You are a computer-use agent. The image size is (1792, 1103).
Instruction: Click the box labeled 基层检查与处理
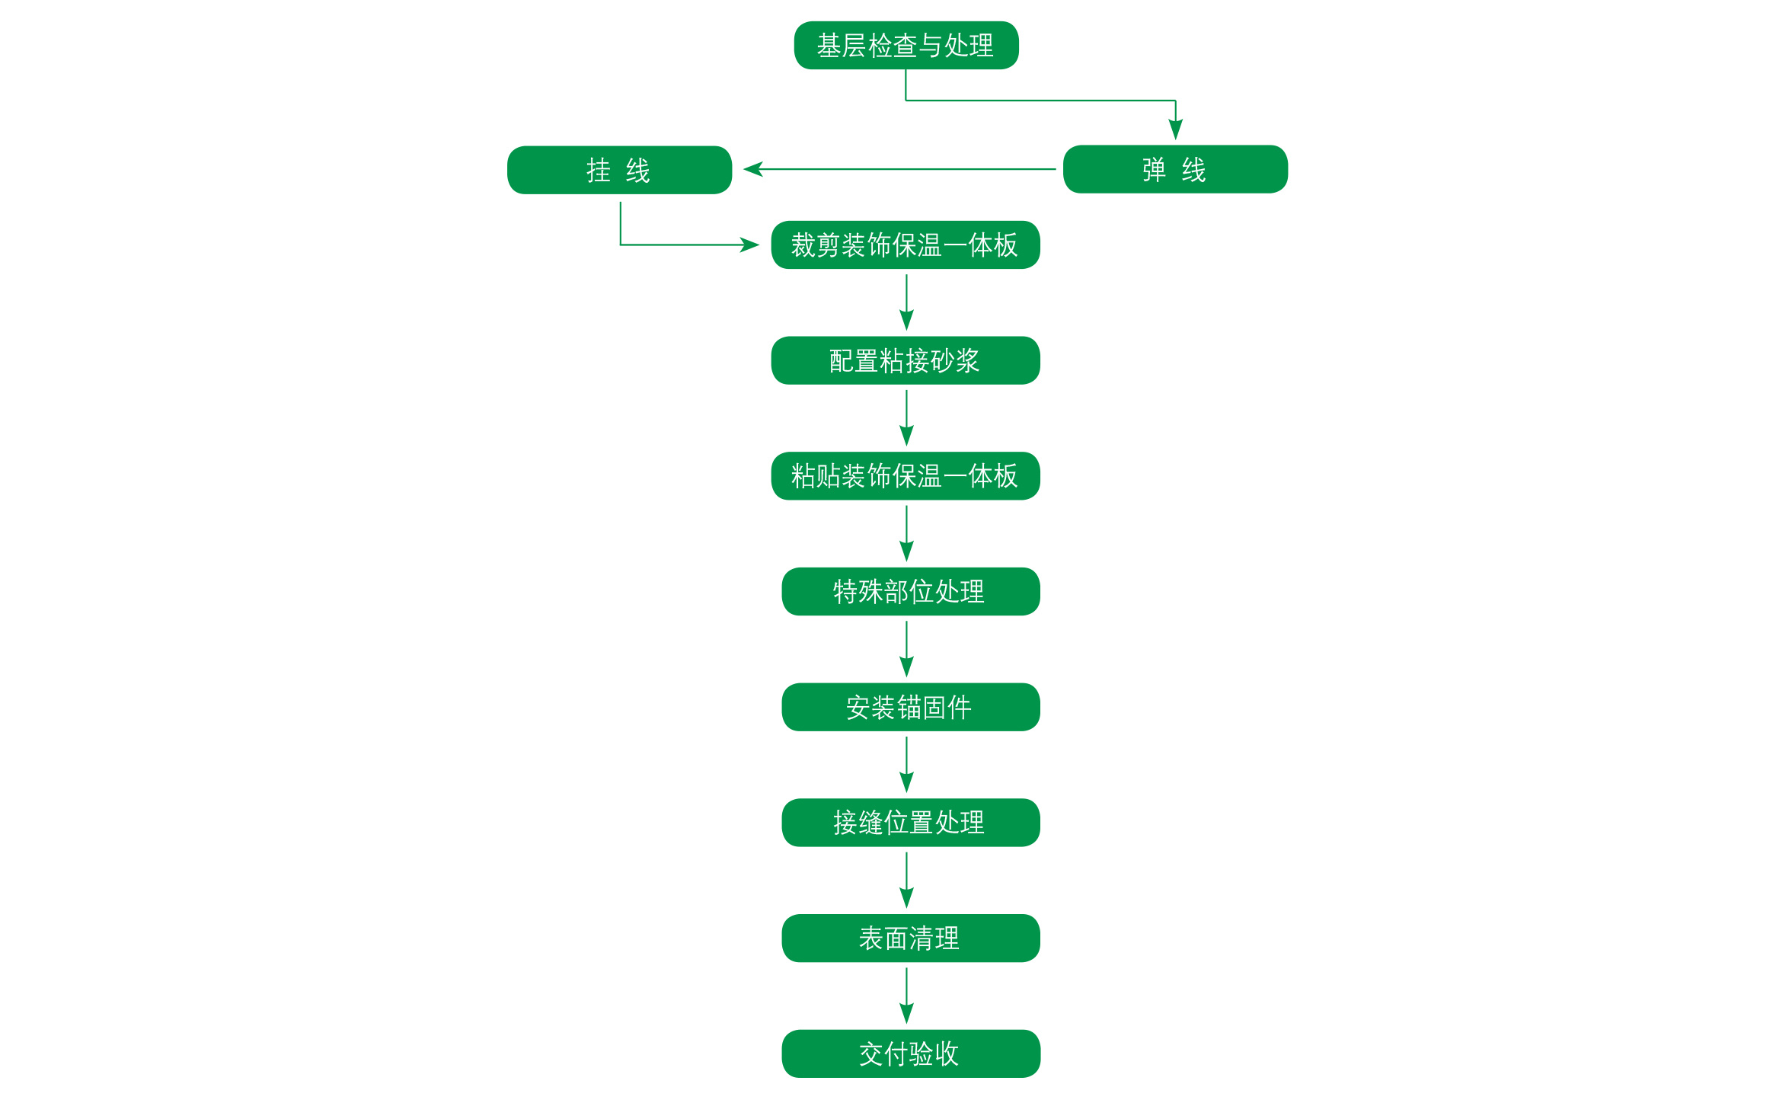[x=906, y=46]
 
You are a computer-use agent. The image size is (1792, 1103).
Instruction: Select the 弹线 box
[x=1175, y=169]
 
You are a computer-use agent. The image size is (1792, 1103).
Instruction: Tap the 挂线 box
[x=619, y=170]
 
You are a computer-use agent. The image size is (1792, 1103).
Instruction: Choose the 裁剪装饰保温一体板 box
[x=906, y=245]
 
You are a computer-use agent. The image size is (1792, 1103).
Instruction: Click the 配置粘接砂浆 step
[x=906, y=360]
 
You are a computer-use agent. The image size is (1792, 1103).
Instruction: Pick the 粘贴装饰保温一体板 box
[x=906, y=476]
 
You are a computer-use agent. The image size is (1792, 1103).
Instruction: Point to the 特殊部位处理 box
[x=911, y=592]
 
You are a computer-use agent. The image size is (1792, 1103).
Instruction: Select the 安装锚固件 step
[x=911, y=708]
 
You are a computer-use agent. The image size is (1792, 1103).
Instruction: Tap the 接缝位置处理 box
[x=911, y=823]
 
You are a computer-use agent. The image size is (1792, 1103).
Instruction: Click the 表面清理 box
[x=911, y=938]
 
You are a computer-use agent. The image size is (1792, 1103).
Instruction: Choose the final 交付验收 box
[x=911, y=1054]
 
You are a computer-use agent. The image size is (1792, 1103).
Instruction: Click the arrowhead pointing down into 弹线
[x=1176, y=129]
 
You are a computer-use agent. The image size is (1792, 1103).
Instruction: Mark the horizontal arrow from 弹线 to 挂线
[x=899, y=169]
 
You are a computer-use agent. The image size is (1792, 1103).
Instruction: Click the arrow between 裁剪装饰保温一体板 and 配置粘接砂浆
[x=906, y=302]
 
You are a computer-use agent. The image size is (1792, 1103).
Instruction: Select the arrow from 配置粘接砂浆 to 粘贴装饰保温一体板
[x=906, y=418]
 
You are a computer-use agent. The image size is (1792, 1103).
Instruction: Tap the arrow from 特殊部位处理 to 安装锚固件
[x=906, y=649]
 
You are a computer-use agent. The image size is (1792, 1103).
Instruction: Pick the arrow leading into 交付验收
[x=906, y=996]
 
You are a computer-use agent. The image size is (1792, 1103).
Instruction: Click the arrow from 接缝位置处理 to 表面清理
[x=906, y=881]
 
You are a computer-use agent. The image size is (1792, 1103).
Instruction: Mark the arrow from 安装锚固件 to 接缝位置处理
[x=906, y=765]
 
